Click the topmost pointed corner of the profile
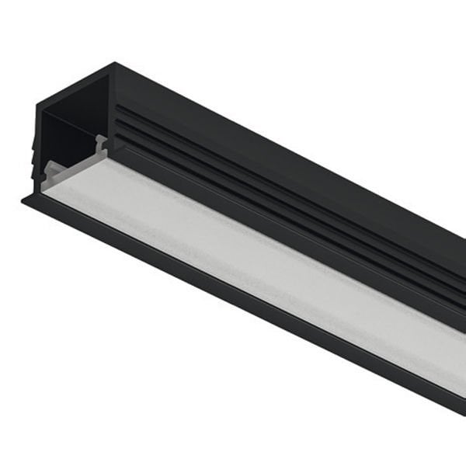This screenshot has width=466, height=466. pos(115,64)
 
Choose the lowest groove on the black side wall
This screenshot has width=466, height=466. pos(272,196)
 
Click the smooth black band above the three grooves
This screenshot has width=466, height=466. pos(272,132)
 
